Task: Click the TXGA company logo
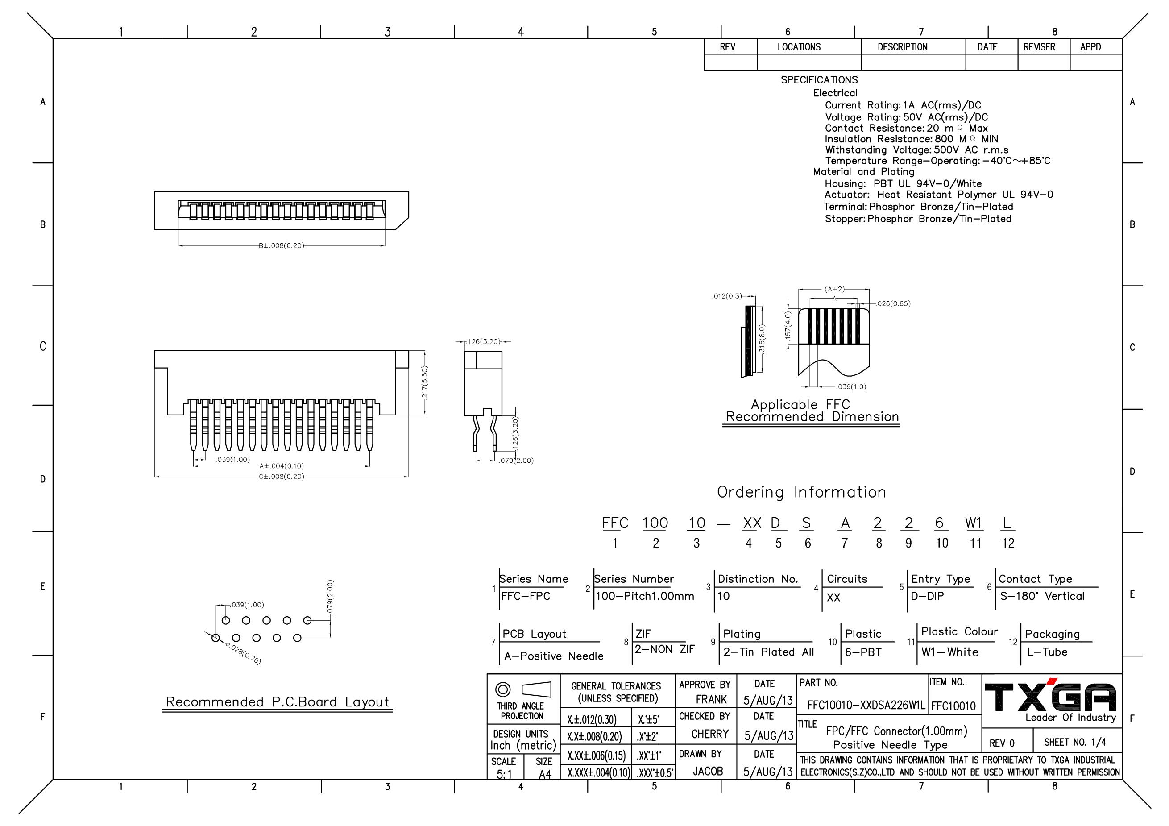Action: click(1050, 697)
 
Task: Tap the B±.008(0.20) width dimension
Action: click(282, 246)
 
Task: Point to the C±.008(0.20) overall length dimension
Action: click(282, 477)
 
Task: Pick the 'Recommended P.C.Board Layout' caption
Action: click(278, 702)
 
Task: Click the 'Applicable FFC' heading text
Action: click(800, 405)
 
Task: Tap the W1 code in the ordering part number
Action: click(974, 523)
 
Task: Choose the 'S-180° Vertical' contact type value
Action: click(1042, 596)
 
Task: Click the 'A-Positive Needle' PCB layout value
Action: click(553, 656)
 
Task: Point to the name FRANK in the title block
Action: click(711, 700)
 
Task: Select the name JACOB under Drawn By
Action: click(708, 772)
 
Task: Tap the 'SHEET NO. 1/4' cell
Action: click(1075, 743)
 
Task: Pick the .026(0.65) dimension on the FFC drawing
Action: click(894, 304)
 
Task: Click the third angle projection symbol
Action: click(523, 690)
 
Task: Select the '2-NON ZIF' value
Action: click(664, 650)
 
